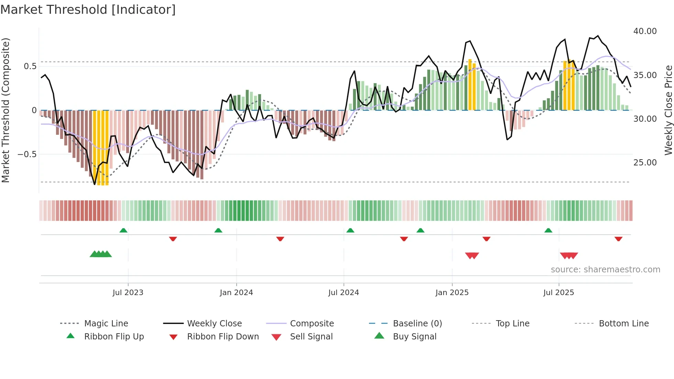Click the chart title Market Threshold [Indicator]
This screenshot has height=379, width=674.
88,10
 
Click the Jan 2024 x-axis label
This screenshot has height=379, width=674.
236,293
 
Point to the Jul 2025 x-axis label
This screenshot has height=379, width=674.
558,293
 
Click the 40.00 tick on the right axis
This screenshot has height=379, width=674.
645,31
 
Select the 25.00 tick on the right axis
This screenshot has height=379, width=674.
645,163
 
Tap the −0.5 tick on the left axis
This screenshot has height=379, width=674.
27,154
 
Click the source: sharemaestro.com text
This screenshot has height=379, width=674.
605,270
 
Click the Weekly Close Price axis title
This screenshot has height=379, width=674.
668,110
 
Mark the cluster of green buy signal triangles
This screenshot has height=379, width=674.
101,254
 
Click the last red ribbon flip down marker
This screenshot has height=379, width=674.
618,239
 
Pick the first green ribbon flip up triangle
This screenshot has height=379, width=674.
123,230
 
